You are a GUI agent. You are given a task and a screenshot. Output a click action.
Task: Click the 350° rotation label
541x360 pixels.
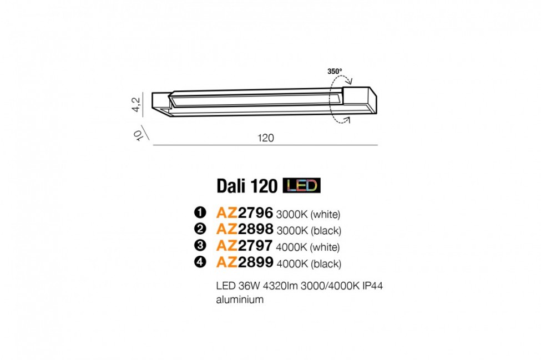(335, 72)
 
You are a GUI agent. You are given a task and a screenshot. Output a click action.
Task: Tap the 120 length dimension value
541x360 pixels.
(266, 138)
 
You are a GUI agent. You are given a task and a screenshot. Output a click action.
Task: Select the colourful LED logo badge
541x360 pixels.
(302, 185)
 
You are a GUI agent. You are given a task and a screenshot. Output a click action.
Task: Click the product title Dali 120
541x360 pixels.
(247, 186)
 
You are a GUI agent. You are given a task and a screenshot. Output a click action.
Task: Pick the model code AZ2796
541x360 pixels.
(244, 212)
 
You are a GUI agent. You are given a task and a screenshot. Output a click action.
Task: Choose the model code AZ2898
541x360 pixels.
(244, 229)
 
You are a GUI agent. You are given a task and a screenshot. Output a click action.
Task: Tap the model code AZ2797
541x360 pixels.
(244, 246)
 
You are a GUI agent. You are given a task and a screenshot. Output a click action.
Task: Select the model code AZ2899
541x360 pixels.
(244, 263)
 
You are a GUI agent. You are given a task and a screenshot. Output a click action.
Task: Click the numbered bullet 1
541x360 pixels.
(199, 213)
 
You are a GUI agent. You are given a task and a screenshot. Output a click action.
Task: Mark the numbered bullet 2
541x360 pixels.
(199, 230)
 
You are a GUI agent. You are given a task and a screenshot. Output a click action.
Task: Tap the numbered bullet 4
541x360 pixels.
(199, 263)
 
